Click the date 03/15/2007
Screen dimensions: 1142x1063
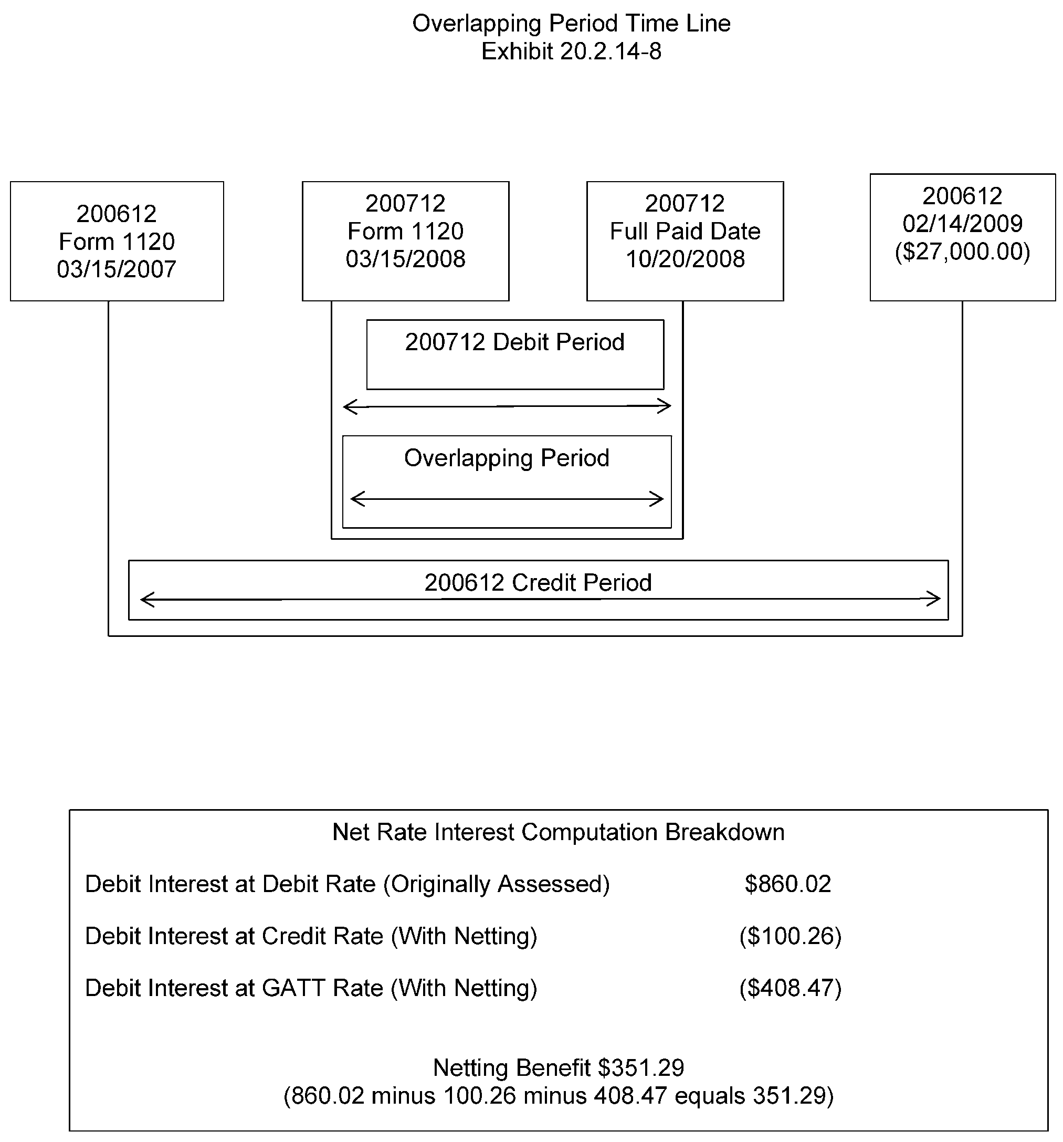(117, 269)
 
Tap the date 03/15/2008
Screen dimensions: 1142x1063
(405, 259)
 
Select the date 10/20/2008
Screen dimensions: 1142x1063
(685, 259)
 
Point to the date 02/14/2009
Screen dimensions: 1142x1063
(963, 224)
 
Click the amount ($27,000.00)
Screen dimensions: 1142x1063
(963, 252)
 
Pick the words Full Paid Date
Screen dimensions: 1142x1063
(685, 232)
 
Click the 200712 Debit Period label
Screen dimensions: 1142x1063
(514, 342)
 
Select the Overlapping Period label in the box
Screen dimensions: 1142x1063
(507, 458)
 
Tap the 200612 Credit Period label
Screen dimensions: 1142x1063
(538, 583)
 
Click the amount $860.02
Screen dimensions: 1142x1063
(788, 884)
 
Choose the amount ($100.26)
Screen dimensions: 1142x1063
(790, 936)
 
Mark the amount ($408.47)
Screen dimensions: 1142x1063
(790, 988)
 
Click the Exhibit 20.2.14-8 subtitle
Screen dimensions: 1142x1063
(572, 51)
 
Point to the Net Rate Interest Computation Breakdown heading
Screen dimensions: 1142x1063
(558, 832)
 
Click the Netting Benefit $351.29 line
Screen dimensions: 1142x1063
(558, 1068)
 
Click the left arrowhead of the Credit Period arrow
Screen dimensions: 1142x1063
(146, 600)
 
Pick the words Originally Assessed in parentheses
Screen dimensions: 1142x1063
(496, 884)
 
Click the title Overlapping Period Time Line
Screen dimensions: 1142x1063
(572, 24)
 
